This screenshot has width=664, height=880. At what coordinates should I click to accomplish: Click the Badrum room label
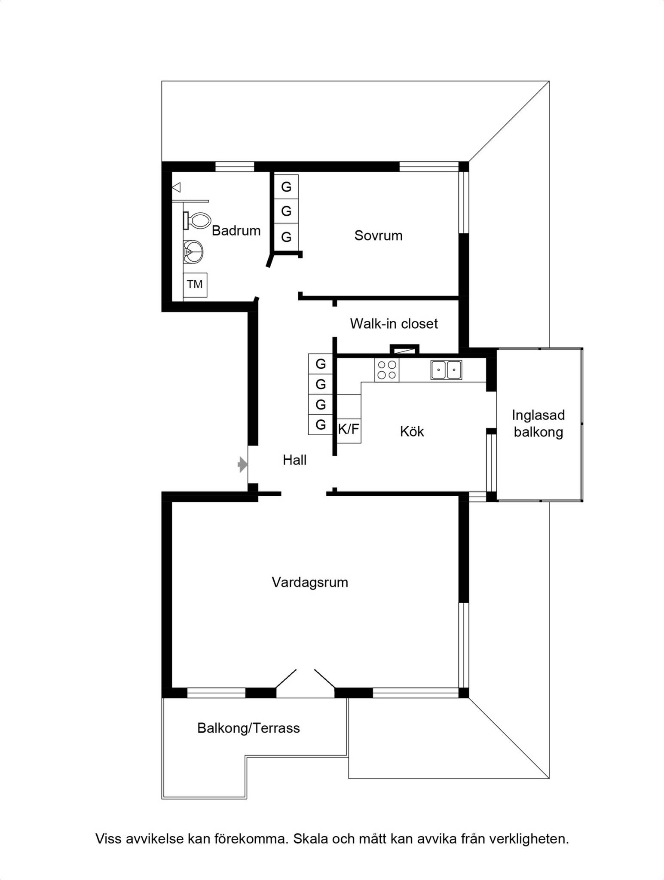pyautogui.click(x=236, y=231)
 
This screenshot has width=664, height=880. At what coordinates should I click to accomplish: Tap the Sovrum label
pyautogui.click(x=378, y=235)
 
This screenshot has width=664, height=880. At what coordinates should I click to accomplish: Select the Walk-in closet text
pyautogui.click(x=394, y=324)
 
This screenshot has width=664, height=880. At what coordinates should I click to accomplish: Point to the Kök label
pyautogui.click(x=412, y=431)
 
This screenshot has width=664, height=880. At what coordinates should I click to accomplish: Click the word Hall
pyautogui.click(x=294, y=460)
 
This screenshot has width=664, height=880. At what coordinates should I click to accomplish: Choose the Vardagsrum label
pyautogui.click(x=310, y=583)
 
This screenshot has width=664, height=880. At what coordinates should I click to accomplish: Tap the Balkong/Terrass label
pyautogui.click(x=248, y=728)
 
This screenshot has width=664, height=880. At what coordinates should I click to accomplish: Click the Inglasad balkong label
pyautogui.click(x=538, y=423)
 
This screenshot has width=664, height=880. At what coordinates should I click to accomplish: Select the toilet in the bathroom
pyautogui.click(x=197, y=220)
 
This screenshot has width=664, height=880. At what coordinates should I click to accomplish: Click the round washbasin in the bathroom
pyautogui.click(x=193, y=252)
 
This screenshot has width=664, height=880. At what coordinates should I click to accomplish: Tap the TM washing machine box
pyautogui.click(x=195, y=285)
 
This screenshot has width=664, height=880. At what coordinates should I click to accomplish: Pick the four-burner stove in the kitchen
pyautogui.click(x=387, y=370)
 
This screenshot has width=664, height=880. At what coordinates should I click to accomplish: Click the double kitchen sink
pyautogui.click(x=446, y=370)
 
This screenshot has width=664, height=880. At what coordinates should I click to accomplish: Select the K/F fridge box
pyautogui.click(x=349, y=429)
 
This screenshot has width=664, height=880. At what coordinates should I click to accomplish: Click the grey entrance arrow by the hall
pyautogui.click(x=243, y=464)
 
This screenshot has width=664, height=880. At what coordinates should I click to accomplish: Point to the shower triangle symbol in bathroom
pyautogui.click(x=176, y=188)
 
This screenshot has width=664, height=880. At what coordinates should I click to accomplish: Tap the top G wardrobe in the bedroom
pyautogui.click(x=286, y=186)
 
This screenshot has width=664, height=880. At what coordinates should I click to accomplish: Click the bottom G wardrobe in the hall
pyautogui.click(x=321, y=425)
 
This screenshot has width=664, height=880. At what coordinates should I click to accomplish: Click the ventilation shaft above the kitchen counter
pyautogui.click(x=404, y=349)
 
